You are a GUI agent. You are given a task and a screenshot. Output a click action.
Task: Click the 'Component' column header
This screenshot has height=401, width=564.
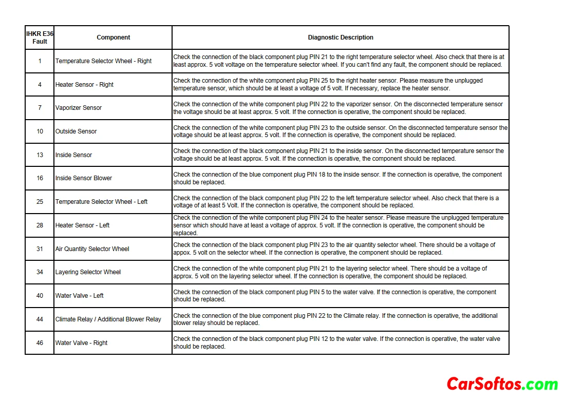pyautogui.click(x=113, y=37)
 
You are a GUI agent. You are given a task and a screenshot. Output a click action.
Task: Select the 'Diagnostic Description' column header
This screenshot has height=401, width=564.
pyautogui.click(x=340, y=37)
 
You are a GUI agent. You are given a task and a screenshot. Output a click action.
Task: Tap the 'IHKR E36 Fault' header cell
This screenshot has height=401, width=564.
pyautogui.click(x=40, y=37)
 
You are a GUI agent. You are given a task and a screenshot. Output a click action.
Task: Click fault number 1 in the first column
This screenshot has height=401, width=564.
pyautogui.click(x=40, y=61)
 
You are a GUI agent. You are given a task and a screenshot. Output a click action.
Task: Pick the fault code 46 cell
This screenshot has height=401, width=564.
pyautogui.click(x=40, y=343)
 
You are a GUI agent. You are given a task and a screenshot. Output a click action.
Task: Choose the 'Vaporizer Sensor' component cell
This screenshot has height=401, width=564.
pyautogui.click(x=79, y=108)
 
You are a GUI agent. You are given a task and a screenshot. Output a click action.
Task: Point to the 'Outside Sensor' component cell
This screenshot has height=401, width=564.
pyautogui.click(x=76, y=131)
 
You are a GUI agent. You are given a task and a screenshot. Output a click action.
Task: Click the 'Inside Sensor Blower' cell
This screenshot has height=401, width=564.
pyautogui.click(x=84, y=178)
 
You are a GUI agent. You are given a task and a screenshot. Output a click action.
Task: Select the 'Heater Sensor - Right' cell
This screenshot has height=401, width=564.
pyautogui.click(x=84, y=85)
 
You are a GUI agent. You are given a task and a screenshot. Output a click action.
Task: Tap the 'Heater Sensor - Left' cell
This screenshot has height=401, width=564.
pyautogui.click(x=82, y=225)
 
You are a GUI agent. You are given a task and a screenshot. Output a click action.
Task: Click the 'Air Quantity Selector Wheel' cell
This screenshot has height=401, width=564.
pyautogui.click(x=92, y=249)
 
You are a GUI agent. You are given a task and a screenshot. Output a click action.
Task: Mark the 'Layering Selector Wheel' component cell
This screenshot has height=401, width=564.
pyautogui.click(x=88, y=272)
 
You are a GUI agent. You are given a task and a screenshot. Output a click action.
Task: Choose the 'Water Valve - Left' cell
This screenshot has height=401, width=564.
pyautogui.click(x=80, y=296)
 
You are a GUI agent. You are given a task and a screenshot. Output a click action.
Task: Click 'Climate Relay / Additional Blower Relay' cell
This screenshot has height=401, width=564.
pyautogui.click(x=108, y=319)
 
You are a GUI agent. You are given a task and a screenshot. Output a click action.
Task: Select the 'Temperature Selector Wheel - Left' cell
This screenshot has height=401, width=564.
pyautogui.click(x=101, y=202)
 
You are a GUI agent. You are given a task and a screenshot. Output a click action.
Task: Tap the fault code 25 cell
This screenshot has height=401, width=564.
pyautogui.click(x=40, y=202)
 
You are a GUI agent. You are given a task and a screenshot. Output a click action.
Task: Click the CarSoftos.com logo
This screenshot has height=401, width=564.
pyautogui.click(x=502, y=384)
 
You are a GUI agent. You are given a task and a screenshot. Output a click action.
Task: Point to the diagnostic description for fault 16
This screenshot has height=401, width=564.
pyautogui.click(x=337, y=178)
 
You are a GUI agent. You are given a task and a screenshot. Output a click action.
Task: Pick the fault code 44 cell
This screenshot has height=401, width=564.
pyautogui.click(x=40, y=319)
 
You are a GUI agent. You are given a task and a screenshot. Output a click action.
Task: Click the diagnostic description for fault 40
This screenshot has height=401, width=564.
pyautogui.click(x=335, y=296)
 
